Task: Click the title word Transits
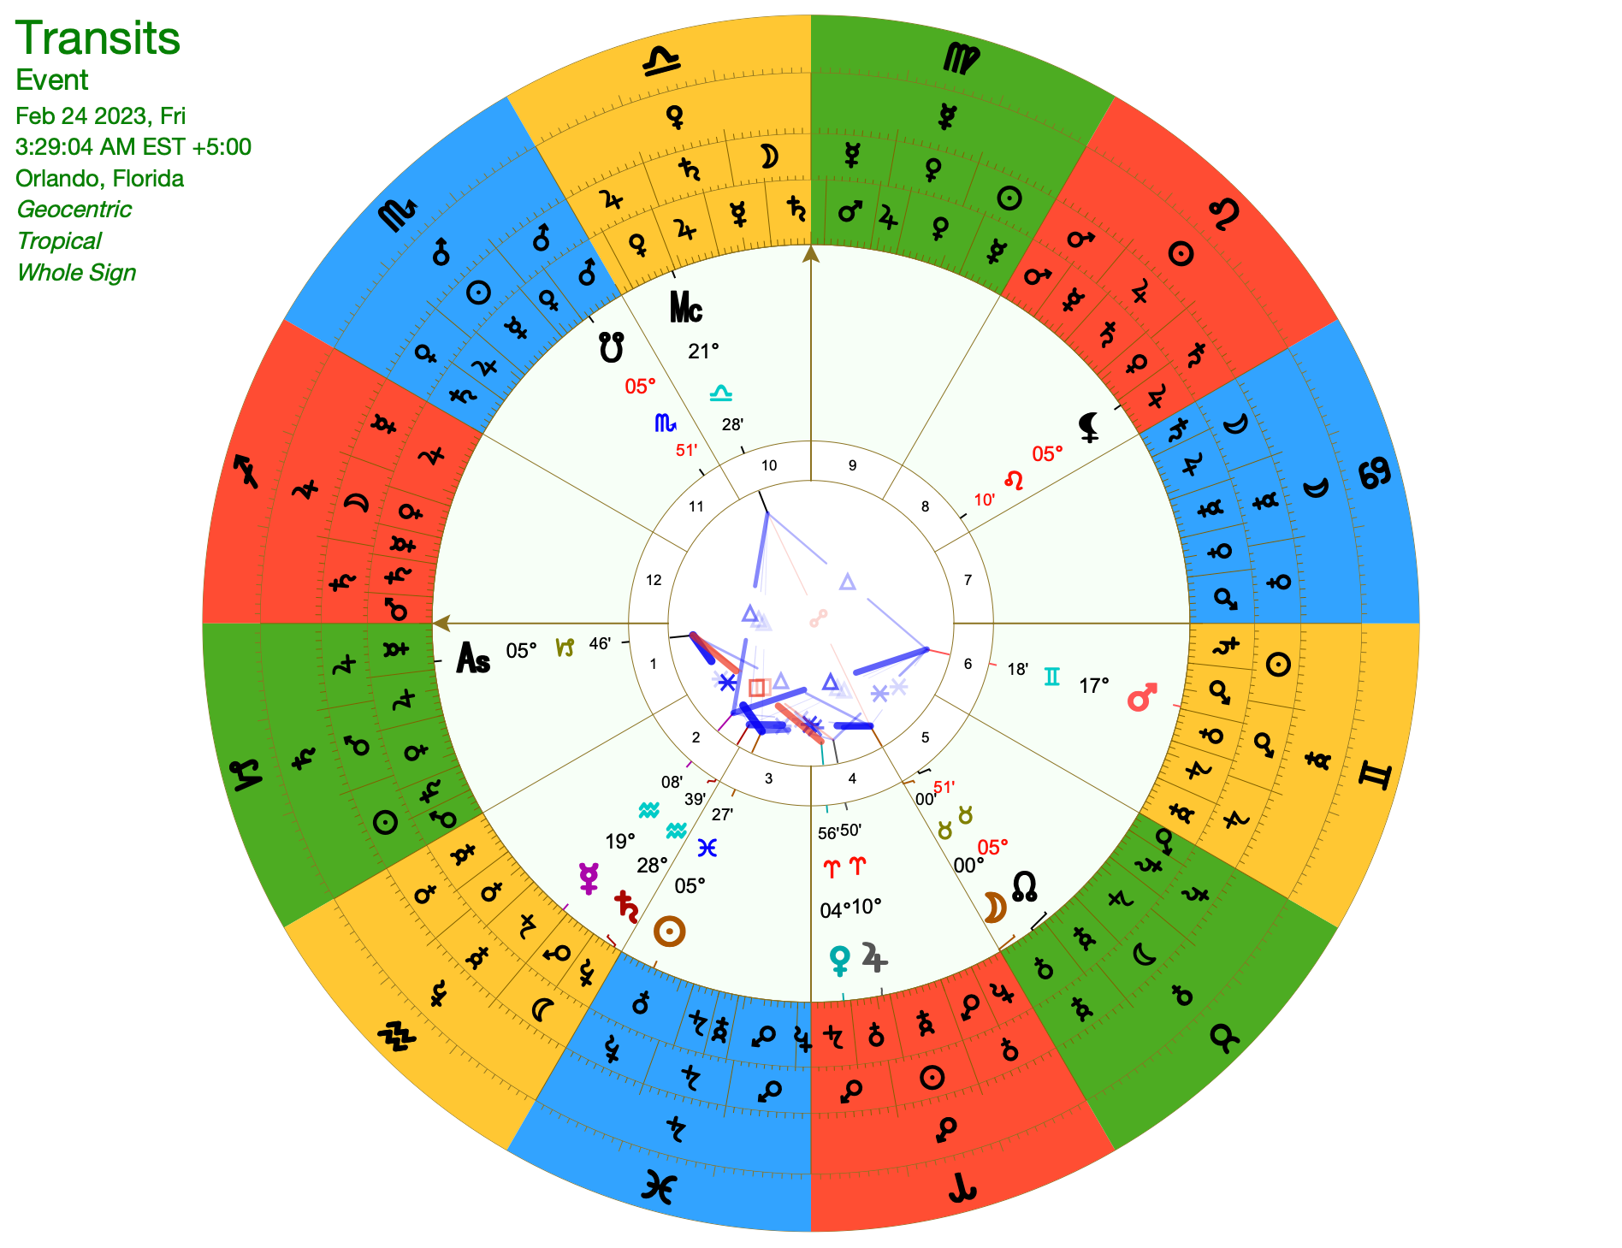click(98, 38)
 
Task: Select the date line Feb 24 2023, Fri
click(100, 115)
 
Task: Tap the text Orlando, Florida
click(99, 178)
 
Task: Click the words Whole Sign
click(76, 272)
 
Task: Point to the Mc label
click(685, 308)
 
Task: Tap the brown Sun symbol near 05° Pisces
click(669, 932)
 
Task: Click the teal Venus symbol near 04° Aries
click(840, 960)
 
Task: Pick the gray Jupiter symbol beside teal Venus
click(874, 957)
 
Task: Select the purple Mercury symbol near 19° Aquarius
click(589, 878)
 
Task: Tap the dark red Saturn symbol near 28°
click(626, 906)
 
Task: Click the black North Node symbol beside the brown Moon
click(1024, 885)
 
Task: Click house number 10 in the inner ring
click(769, 465)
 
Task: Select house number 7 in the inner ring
click(968, 580)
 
